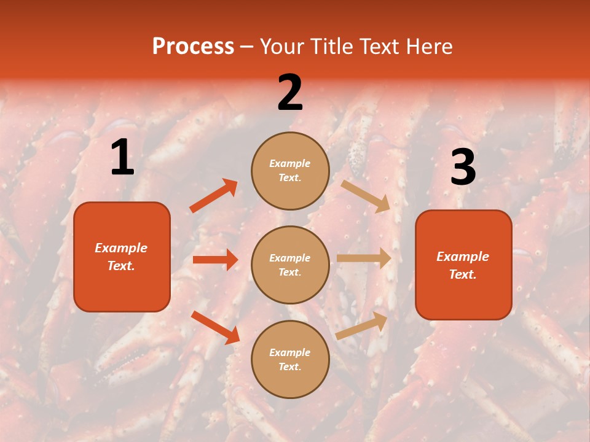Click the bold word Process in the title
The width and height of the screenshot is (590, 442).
click(193, 47)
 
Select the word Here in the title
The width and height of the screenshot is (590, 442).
click(428, 47)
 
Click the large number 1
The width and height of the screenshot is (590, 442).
click(122, 158)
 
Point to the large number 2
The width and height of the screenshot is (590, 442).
click(290, 93)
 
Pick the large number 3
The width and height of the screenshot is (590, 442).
click(463, 167)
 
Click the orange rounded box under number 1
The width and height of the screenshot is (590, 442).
click(122, 257)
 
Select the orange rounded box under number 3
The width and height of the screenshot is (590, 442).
click(463, 265)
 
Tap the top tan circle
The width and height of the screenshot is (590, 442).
click(290, 171)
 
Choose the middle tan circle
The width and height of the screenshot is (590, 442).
click(290, 265)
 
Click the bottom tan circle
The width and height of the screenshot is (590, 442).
click(290, 359)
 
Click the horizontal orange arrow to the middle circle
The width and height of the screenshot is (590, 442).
click(215, 260)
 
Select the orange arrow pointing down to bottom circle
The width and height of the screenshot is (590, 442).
click(215, 327)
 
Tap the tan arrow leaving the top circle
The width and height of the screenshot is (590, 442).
click(366, 196)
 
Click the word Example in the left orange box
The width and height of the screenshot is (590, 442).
click(121, 248)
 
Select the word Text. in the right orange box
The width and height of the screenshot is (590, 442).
click(463, 274)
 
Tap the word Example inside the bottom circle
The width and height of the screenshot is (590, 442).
click(290, 352)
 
